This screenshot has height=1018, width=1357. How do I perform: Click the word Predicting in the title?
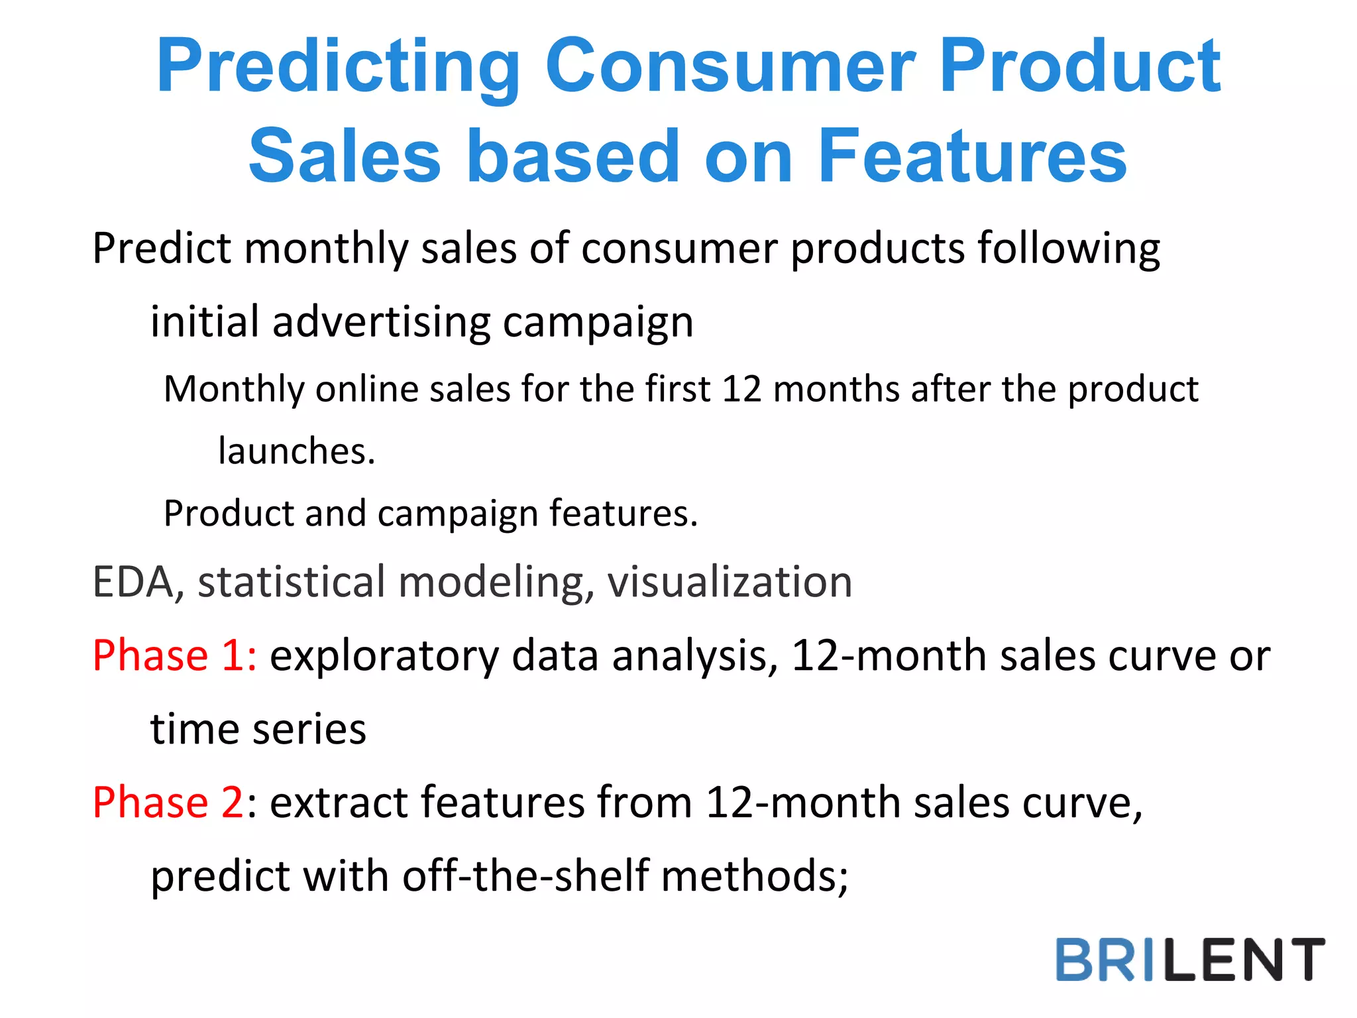[338, 66]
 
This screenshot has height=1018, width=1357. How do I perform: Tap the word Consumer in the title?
[729, 66]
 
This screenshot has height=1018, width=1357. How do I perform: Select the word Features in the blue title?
[971, 156]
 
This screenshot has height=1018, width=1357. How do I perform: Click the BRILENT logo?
[1190, 959]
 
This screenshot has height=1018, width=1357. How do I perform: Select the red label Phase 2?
[168, 803]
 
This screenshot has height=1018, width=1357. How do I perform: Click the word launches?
[296, 451]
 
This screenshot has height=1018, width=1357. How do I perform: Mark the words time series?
[258, 729]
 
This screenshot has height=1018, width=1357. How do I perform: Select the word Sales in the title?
[345, 156]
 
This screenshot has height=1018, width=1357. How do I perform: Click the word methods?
[755, 876]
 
